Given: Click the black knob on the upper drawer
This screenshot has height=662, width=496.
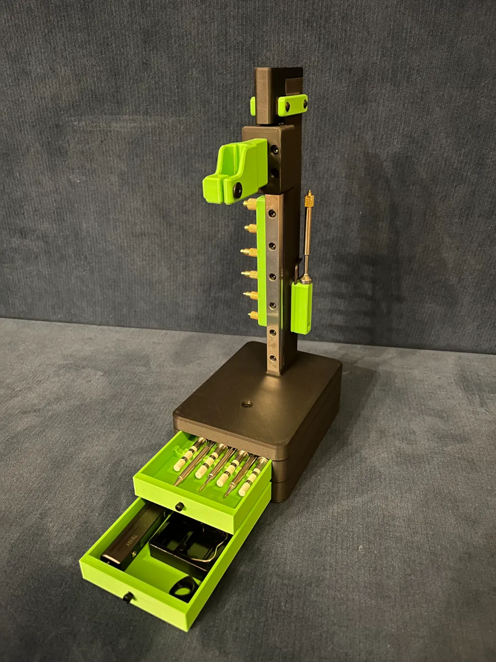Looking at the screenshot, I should pyautogui.click(x=178, y=506).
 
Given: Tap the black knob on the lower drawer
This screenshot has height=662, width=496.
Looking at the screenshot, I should pyautogui.click(x=129, y=596).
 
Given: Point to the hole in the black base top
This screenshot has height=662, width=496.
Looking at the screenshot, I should pyautogui.click(x=245, y=405).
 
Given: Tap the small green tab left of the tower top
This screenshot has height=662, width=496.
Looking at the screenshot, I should pyautogui.click(x=253, y=105).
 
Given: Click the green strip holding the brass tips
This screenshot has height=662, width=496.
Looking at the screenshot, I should pyautogui.click(x=259, y=258).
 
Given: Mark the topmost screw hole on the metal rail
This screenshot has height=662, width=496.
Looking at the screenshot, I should pyautogui.click(x=271, y=213).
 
